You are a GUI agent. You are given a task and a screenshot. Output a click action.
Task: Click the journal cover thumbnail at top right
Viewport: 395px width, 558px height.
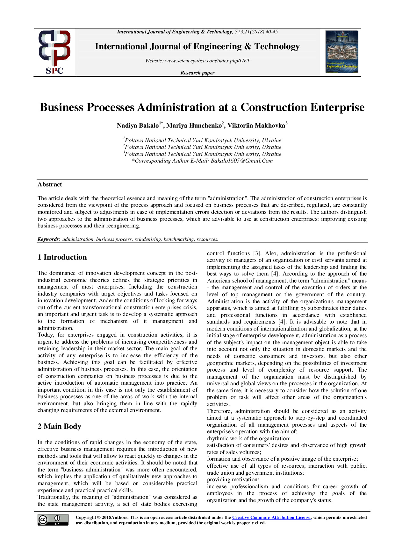pos(342,52)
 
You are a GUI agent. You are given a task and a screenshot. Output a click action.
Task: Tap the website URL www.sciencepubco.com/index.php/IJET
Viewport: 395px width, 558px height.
pos(207,61)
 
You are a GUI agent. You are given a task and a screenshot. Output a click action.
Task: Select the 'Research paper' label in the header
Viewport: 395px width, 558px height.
pos(197,73)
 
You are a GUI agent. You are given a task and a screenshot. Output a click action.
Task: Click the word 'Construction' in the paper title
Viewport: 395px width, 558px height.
pos(274,108)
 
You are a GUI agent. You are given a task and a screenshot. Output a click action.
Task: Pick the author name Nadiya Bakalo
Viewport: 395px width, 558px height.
pos(138,126)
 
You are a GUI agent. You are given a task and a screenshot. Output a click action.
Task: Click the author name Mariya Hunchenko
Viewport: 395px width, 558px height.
pos(194,126)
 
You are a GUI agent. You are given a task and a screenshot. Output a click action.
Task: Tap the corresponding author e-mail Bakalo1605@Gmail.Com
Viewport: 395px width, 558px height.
pos(241,161)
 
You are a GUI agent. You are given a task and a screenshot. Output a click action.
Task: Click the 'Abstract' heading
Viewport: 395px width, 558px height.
pos(50,185)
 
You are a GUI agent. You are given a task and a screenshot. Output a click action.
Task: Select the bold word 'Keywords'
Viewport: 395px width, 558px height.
pos(48,239)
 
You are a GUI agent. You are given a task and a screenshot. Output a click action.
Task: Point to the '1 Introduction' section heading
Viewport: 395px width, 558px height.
pos(62,257)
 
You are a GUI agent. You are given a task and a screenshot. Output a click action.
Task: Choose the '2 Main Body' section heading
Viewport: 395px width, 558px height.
pos(59,426)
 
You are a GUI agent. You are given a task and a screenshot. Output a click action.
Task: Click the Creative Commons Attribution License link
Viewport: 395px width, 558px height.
pos(271,518)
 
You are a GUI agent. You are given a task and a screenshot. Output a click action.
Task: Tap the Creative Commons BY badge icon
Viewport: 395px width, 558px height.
pos(53,520)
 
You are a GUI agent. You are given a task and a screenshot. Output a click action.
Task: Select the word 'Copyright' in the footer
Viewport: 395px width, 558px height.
pos(86,518)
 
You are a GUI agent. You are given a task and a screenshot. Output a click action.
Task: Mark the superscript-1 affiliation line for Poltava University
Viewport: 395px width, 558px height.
pos(202,140)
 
